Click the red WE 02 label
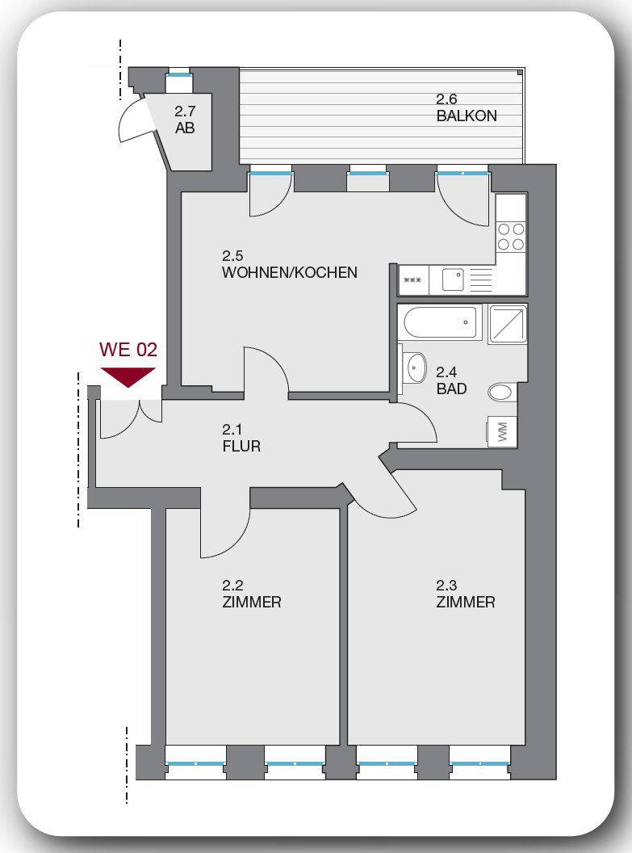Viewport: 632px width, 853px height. click(x=128, y=350)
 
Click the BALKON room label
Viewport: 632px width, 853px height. click(x=467, y=116)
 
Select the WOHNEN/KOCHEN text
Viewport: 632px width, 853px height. click(x=289, y=273)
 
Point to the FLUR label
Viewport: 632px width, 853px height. click(x=242, y=446)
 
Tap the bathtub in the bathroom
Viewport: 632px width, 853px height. click(x=440, y=322)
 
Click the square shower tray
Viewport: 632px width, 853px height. click(x=508, y=323)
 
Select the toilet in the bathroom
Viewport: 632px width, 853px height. click(x=502, y=393)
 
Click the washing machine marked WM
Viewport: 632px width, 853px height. click(x=502, y=431)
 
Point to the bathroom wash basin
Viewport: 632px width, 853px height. click(x=415, y=368)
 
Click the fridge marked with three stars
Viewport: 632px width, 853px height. click(x=413, y=281)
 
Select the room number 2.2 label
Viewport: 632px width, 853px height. click(x=232, y=586)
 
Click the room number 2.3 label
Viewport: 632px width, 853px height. click(x=446, y=586)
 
